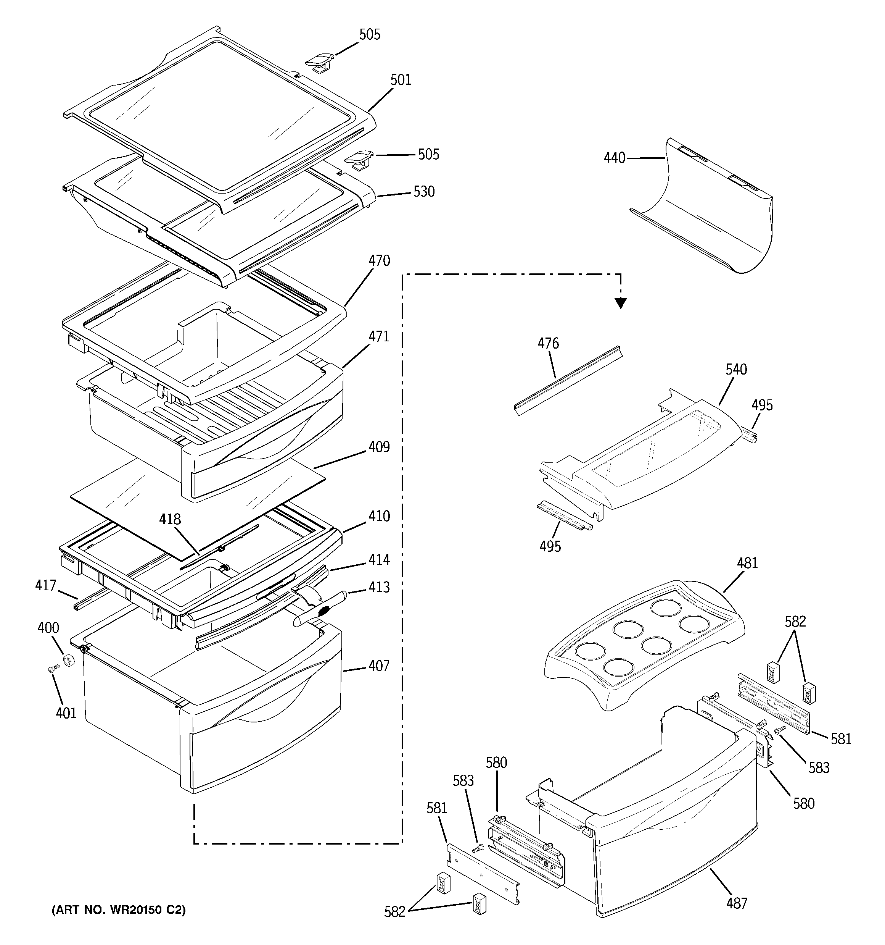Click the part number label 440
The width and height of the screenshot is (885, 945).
point(614,157)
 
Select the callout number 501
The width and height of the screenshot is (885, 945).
point(401,80)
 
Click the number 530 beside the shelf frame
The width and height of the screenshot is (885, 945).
point(424,192)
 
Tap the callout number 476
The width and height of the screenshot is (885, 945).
point(548,343)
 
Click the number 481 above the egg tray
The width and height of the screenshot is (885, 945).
point(747,563)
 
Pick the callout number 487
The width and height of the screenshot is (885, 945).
point(736,903)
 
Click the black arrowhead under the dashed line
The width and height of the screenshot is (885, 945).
point(620,302)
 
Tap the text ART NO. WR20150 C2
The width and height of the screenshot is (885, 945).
point(118,910)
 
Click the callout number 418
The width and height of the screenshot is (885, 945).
point(170,519)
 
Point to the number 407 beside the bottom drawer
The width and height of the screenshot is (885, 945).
point(379,666)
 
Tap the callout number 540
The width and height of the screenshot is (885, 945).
point(736,369)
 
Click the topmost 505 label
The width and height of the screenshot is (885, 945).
point(370,35)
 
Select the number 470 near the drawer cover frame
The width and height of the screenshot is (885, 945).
point(379,260)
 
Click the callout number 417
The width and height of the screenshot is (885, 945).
point(46,585)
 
